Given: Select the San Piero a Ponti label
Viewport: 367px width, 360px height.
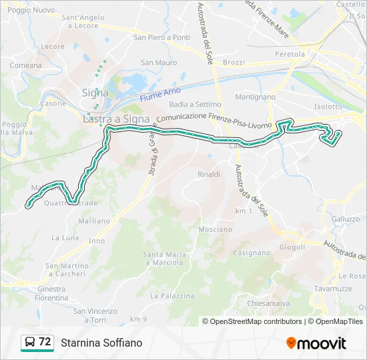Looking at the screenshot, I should (x=161, y=37).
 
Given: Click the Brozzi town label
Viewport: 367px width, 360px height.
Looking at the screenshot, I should (x=234, y=62).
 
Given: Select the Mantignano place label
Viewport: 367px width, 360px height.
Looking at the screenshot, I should (x=256, y=97).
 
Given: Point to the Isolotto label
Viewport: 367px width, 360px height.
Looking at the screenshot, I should (x=328, y=107).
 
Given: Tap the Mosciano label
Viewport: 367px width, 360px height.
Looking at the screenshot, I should (x=215, y=229).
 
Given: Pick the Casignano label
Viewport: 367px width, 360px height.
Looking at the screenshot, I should (x=252, y=253).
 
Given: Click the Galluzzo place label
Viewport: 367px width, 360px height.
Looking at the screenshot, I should (x=345, y=218).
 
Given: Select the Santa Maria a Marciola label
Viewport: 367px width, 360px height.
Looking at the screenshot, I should (x=163, y=258).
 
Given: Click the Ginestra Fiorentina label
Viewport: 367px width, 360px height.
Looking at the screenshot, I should (x=51, y=293).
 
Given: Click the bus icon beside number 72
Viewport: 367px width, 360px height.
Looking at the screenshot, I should (x=29, y=342).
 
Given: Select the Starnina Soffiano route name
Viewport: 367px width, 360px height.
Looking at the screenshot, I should (x=101, y=343).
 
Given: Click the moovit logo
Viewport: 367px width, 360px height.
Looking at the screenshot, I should (x=316, y=343).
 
